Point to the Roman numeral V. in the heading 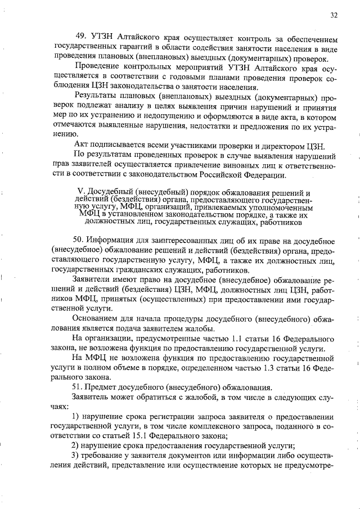[79, 192]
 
